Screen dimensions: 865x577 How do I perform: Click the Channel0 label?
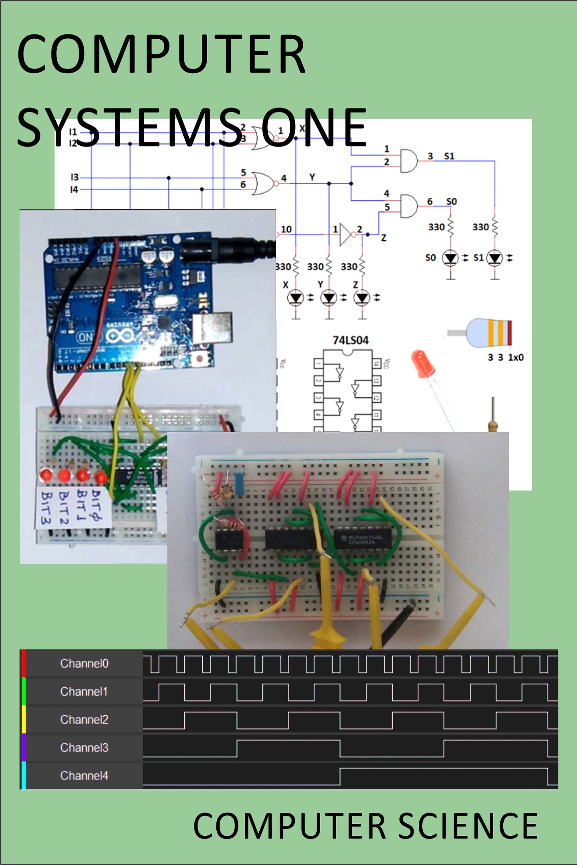click(84, 664)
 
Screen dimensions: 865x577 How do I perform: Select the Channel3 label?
click(84, 748)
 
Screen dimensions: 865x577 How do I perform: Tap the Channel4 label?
click(84, 776)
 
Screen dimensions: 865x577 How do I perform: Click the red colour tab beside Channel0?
click(24, 663)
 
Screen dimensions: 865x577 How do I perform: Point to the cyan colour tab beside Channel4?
click(24, 776)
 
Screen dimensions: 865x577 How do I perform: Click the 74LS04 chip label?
click(351, 340)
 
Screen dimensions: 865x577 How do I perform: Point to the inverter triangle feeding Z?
click(345, 234)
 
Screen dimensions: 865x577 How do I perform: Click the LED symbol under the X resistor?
click(296, 298)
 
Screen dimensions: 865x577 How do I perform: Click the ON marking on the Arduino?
click(85, 337)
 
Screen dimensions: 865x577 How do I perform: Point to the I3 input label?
click(75, 177)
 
